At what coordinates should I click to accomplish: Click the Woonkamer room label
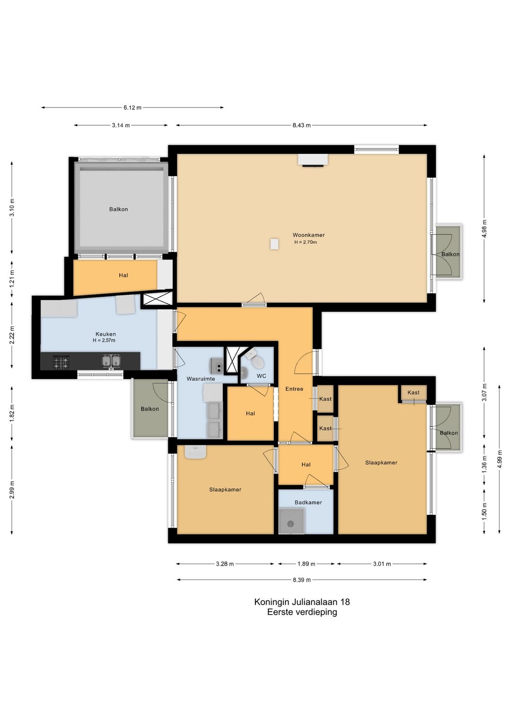[308, 235]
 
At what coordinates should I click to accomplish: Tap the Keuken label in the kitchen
[106, 334]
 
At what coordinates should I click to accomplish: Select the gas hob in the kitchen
[61, 362]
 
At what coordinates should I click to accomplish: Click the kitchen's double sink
[111, 361]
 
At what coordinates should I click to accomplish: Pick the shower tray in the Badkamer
[291, 521]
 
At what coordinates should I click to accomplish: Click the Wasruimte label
[201, 379]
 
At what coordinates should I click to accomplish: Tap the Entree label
[294, 389]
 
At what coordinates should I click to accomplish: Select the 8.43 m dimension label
[301, 125]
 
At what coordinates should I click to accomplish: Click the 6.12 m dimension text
[132, 108]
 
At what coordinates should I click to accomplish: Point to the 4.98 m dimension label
[484, 229]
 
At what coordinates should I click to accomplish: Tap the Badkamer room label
[308, 502]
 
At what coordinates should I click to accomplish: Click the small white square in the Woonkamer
[274, 244]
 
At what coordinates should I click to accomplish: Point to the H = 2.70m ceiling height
[305, 242]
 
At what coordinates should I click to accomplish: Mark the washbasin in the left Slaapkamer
[195, 452]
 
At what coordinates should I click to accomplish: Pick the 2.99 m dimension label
[12, 490]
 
